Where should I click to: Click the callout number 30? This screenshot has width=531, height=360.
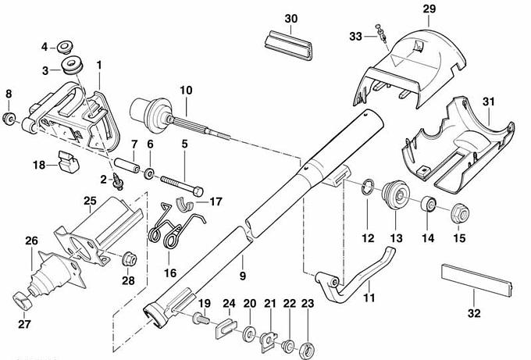click(x=291, y=19)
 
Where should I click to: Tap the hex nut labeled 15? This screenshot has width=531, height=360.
click(x=460, y=213)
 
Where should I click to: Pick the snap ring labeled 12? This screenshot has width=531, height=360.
click(x=368, y=187)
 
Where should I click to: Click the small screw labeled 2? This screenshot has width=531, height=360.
click(x=118, y=181)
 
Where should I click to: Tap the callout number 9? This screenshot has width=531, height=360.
click(x=243, y=276)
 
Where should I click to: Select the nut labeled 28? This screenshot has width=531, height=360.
click(x=130, y=259)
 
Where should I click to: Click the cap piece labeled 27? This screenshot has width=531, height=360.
click(x=23, y=301)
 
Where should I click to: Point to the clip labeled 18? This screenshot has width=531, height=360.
click(x=69, y=162)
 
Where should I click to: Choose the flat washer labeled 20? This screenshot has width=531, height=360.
click(x=250, y=333)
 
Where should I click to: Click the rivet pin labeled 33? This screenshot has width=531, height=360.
click(x=381, y=33)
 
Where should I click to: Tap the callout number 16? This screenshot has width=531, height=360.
click(x=170, y=273)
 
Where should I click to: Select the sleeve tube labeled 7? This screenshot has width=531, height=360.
click(x=127, y=164)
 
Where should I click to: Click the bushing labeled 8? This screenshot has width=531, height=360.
click(x=9, y=119)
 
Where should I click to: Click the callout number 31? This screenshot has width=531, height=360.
click(x=488, y=102)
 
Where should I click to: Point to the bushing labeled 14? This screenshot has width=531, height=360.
click(x=429, y=205)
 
